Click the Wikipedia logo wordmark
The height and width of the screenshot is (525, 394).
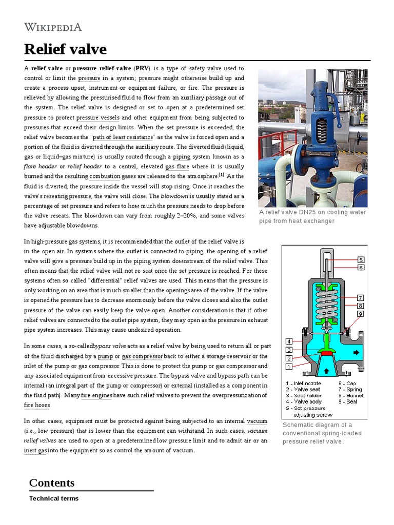pos(53,27)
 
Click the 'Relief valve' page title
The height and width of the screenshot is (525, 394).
pos(65,49)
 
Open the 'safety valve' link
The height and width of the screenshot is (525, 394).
pos(205,68)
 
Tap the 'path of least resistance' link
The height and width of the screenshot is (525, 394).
pos(123,137)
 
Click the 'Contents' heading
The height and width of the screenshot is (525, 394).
pos(52,482)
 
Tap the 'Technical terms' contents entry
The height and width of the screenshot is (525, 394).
pos(54,498)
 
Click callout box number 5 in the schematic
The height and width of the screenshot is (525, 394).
pos(361,260)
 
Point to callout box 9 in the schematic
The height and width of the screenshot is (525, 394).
pos(361,314)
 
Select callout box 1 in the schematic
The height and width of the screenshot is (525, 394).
pos(289,367)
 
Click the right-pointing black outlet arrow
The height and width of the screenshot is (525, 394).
pos(357,352)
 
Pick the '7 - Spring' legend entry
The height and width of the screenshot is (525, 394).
pos(350,390)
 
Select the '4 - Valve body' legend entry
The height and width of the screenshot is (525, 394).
pos(303,402)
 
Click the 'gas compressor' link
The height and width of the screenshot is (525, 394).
pos(142,356)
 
